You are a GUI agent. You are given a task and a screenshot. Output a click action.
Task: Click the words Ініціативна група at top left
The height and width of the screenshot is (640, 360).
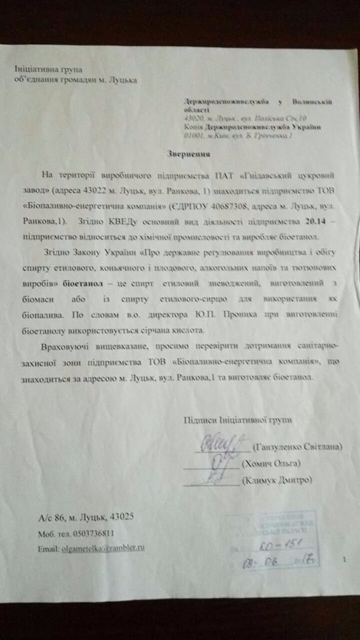point(47,70)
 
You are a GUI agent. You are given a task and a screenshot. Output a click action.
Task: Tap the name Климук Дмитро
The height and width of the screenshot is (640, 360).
point(275,480)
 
